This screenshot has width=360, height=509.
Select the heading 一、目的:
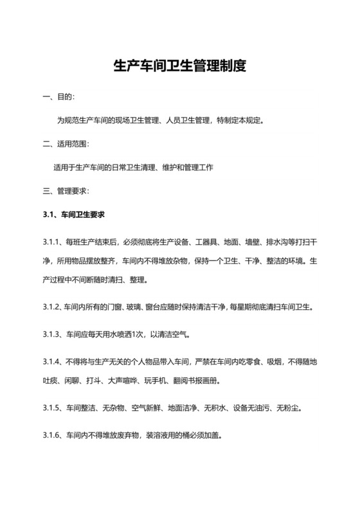pos(59,96)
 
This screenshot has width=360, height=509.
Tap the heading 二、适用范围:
pos(66,143)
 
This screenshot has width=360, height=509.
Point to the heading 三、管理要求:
pos(66,191)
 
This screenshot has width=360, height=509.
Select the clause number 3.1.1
pos(51,243)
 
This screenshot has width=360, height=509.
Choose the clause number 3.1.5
pos(51,408)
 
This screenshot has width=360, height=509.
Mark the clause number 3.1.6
pos(51,435)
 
